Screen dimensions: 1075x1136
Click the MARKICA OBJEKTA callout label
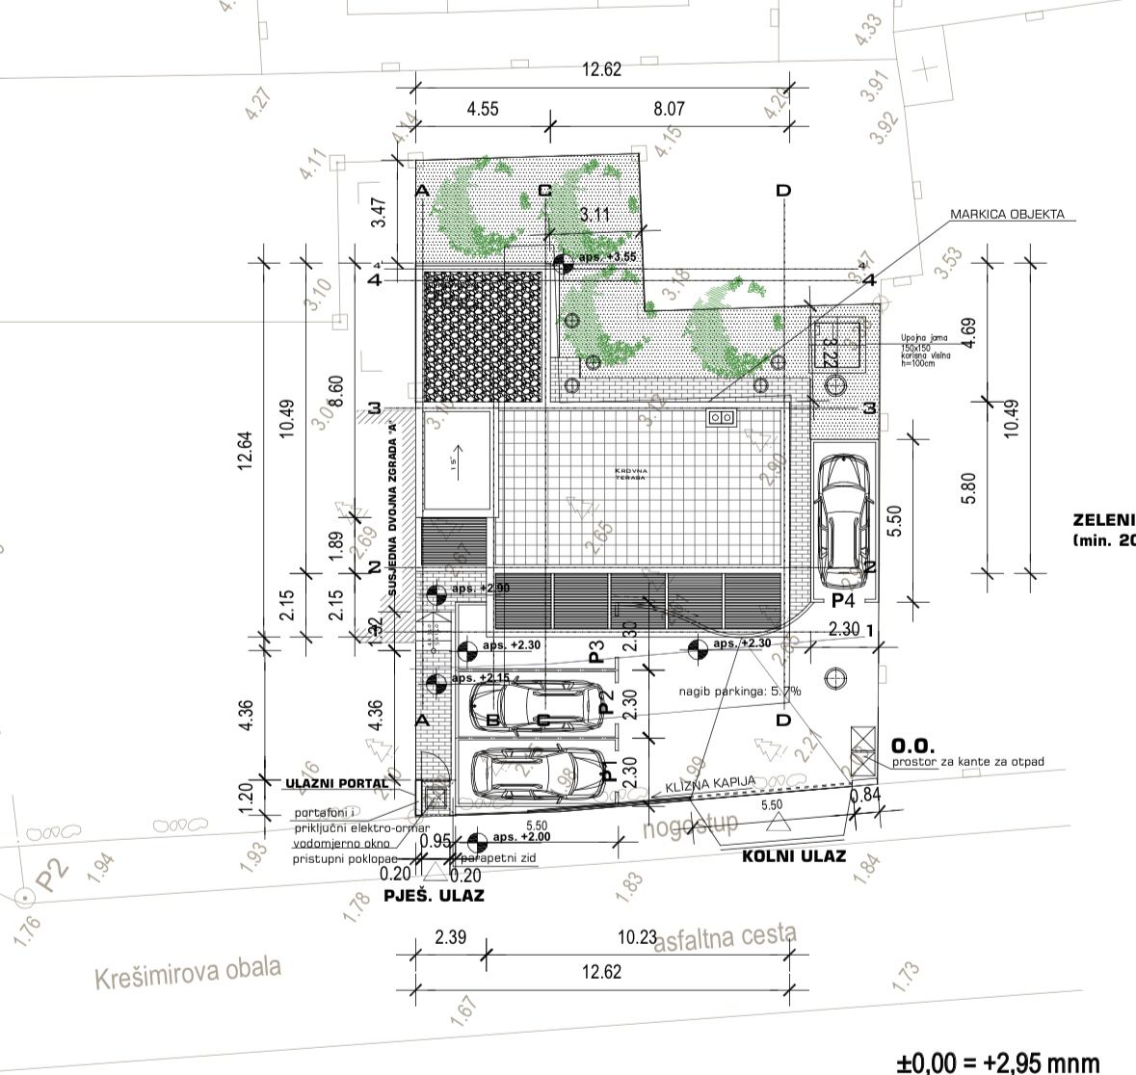coord(1007,214)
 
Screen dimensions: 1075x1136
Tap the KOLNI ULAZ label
coord(793,855)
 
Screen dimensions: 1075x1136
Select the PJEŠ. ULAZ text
coord(434,895)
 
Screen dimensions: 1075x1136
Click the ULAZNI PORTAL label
coord(336,783)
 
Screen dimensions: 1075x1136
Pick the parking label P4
coord(844,599)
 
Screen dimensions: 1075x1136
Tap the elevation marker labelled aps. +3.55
coord(564,260)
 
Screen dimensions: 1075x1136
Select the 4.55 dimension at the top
coord(483,109)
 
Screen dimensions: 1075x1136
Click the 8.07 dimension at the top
coord(668,109)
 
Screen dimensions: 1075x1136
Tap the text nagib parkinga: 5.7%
coord(740,691)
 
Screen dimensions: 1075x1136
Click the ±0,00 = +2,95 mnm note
coord(997,1062)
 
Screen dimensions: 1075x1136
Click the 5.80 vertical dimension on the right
coord(969,486)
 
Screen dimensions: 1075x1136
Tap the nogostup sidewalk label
coord(692,825)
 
